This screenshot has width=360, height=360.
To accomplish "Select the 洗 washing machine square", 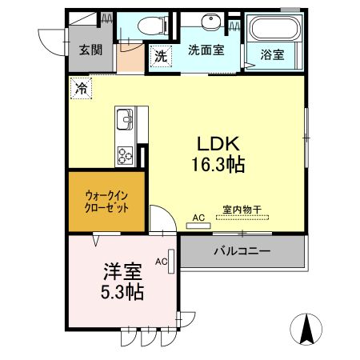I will coord(161,57).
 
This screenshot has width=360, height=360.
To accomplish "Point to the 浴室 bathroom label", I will coord(273,54).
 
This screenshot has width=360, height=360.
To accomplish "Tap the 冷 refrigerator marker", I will coord(81,88).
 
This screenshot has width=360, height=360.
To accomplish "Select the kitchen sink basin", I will coord(124,122).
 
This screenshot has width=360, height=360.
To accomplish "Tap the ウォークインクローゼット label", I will coord(106,199).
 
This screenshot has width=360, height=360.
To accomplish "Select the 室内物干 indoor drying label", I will coord(241,210).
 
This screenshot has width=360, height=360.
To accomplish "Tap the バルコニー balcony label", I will coord(241,250).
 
